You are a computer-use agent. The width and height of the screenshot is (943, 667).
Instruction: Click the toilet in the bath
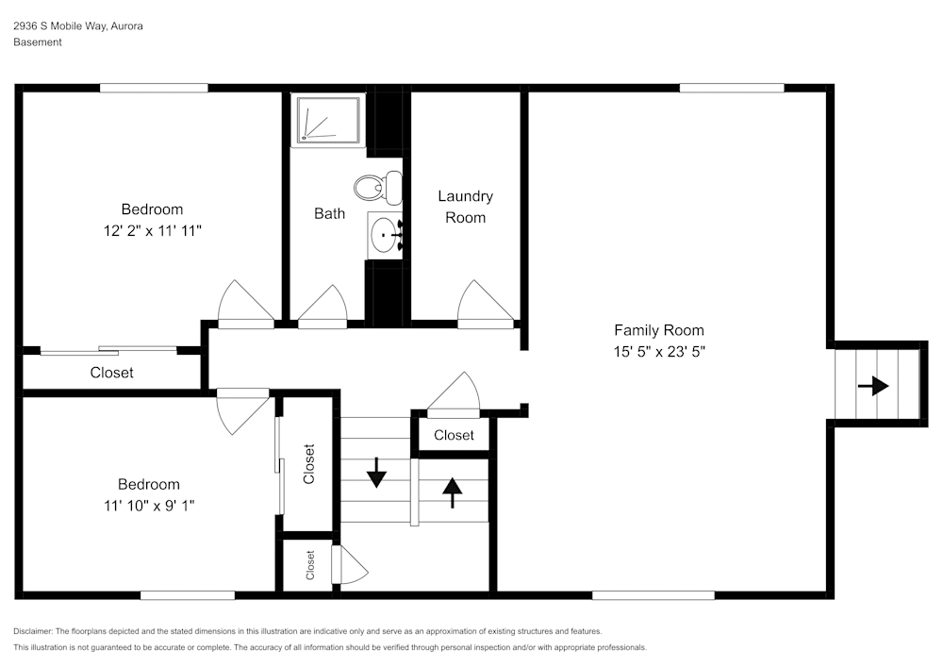pos(379,187)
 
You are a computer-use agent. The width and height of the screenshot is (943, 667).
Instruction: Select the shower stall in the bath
pos(327,120)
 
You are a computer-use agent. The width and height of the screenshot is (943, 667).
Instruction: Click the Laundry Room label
pos(465,207)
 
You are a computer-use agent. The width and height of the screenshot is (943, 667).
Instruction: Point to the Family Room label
pos(658,330)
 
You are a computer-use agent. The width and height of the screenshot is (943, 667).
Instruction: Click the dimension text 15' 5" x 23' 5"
pos(658,351)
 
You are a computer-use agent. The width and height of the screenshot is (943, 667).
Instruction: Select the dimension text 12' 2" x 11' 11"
pos(152,229)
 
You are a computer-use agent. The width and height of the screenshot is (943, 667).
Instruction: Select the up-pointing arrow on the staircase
pos(453,491)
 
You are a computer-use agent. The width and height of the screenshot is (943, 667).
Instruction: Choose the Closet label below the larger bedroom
pos(111,373)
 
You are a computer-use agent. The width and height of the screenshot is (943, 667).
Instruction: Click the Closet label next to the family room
pos(454,435)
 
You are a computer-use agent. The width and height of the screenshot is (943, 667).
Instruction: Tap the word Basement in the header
pos(38,42)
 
